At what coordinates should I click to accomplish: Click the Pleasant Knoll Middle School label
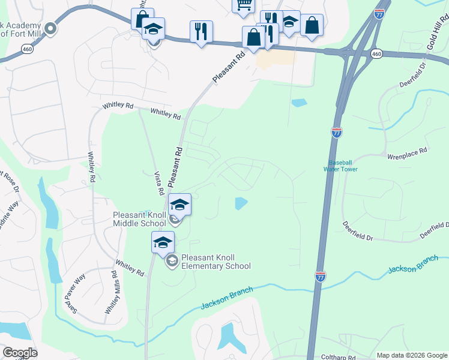point(139,219)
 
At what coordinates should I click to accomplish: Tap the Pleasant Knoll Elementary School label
point(215,262)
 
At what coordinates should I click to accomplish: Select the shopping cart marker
point(243,5)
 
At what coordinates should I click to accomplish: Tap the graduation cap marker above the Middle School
point(179,205)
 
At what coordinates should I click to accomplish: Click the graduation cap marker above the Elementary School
point(162,242)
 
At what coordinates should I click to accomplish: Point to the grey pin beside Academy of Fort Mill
point(50,28)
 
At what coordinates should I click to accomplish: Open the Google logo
point(20,352)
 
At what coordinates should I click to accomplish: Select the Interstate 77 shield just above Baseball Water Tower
point(337,132)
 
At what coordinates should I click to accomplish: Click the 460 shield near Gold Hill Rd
point(376,54)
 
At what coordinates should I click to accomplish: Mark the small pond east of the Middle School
point(240,203)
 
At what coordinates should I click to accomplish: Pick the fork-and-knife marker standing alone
point(201,31)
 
